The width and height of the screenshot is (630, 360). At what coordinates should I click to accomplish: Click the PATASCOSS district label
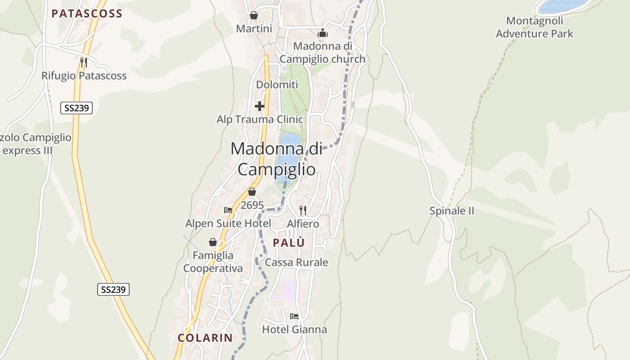coord(87,13)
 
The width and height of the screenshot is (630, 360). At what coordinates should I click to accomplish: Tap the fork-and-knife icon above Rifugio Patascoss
coord(83,62)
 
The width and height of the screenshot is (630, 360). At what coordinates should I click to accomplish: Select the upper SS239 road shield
coord(76,108)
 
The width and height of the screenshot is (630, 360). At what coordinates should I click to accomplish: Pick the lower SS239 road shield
coord(113,289)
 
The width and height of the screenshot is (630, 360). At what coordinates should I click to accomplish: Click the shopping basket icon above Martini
coord(254,15)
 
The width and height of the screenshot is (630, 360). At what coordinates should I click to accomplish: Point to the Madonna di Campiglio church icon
coord(323,33)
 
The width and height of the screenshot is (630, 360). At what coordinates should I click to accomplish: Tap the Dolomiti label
coord(277,85)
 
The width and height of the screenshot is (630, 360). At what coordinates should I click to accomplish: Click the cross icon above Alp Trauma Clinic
coord(260,106)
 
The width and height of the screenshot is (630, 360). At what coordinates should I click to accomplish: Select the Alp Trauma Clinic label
coord(260,119)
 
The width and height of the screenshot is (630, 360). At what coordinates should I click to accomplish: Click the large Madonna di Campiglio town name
coord(276,159)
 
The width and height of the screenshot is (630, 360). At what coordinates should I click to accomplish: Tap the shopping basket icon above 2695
coord(252,192)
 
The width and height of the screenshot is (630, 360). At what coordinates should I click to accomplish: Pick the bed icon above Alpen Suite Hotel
coord(228,210)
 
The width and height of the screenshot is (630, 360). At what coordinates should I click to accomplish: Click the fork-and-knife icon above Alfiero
coord(303,210)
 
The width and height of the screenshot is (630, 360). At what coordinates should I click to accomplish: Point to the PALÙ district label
coord(289,243)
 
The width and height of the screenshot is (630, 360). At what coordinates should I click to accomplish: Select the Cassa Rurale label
coord(297,262)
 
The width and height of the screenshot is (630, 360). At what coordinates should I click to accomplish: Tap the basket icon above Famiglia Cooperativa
coord(213,242)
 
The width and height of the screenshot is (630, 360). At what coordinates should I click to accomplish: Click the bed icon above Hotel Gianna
coord(294,316)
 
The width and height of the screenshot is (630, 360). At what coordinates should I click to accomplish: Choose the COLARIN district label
coord(205,338)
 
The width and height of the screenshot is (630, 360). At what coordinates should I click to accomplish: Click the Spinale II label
coord(452,211)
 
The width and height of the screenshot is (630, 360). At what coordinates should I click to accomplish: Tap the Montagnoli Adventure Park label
coord(535,27)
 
